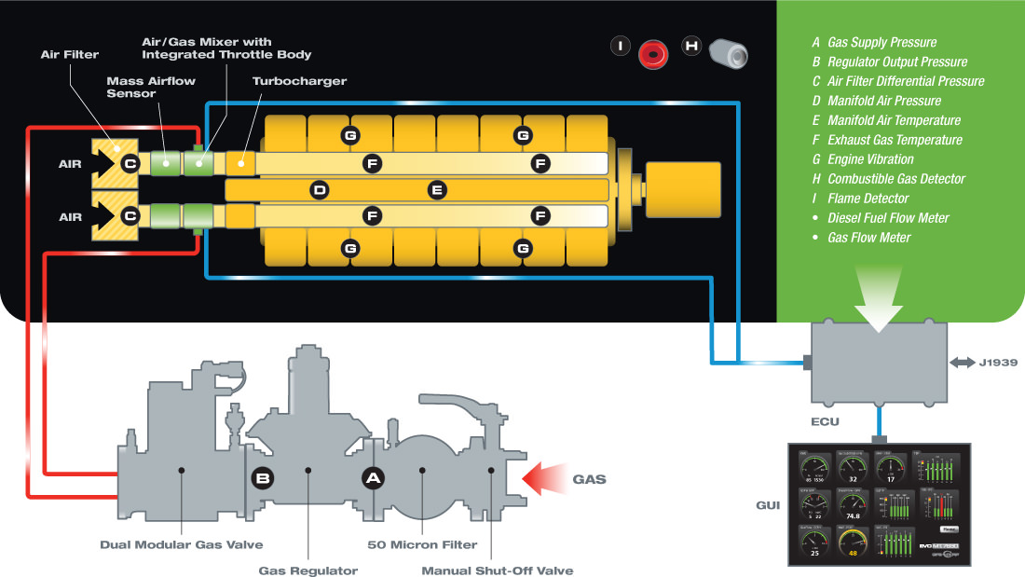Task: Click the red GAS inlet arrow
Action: click(x=544, y=479)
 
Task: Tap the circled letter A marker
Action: click(x=373, y=478)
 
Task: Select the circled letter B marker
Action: click(x=263, y=478)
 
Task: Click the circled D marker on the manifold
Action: click(x=320, y=190)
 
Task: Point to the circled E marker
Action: click(x=436, y=190)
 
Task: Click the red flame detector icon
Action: click(x=653, y=53)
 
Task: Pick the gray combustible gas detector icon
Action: click(x=729, y=53)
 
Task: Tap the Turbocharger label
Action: click(x=299, y=81)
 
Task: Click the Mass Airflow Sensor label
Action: click(x=150, y=87)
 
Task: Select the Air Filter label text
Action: click(x=70, y=55)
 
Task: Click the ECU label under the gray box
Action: click(x=825, y=421)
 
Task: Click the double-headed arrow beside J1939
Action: click(x=960, y=361)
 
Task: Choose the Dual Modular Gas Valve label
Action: click(x=182, y=544)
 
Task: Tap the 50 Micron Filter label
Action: click(x=422, y=544)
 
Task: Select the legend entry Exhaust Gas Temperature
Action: click(x=895, y=140)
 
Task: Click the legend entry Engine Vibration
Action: click(x=870, y=159)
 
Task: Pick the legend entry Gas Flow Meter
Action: click(x=868, y=238)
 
